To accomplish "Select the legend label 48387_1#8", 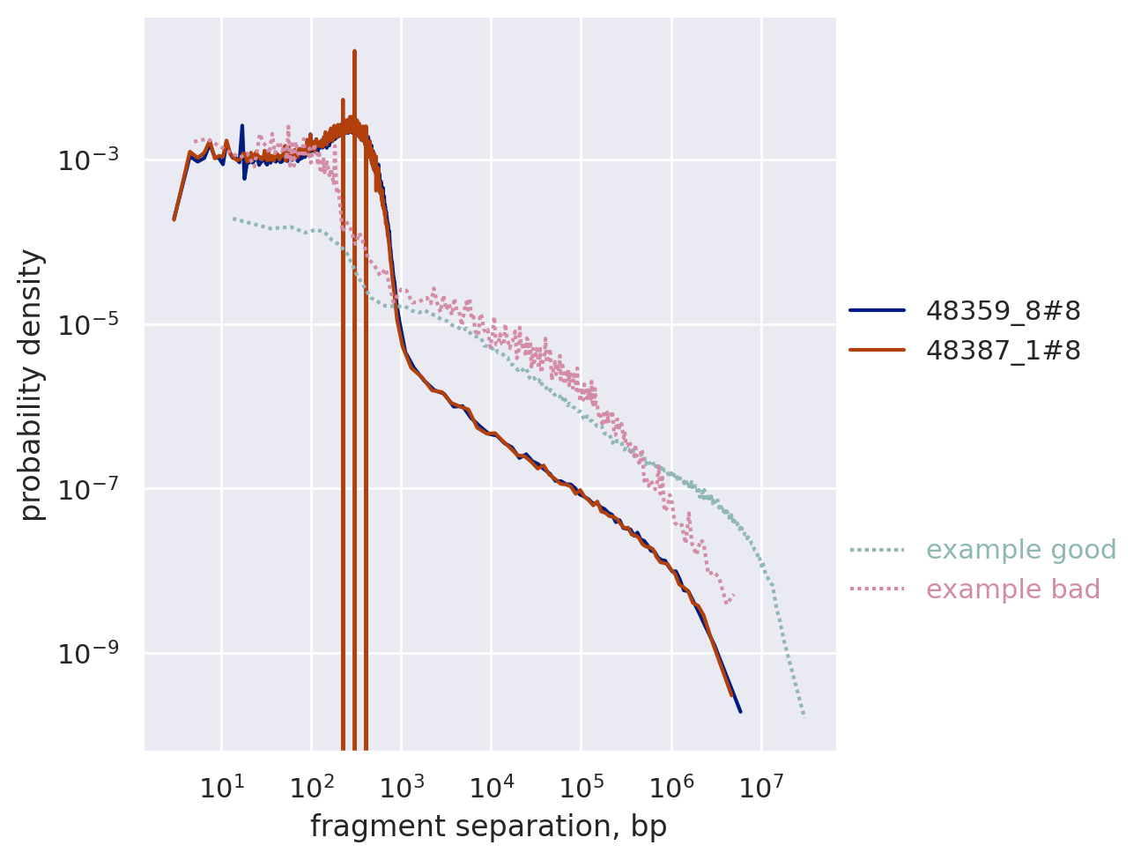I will click(1003, 351).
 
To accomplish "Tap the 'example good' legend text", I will click(1021, 550).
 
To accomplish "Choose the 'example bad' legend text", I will click(1013, 589).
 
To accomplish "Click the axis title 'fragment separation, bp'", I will click(488, 827).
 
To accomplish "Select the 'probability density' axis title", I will click(32, 384).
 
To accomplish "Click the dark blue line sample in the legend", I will click(877, 310).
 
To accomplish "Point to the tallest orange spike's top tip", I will click(354, 51).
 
